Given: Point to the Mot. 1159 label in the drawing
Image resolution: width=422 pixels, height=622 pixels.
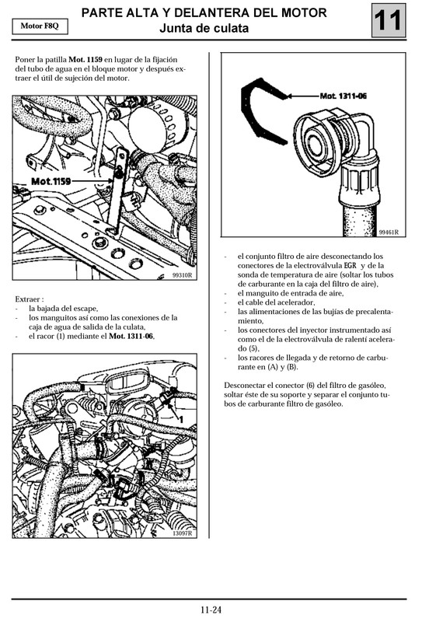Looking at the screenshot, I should pos(51,180).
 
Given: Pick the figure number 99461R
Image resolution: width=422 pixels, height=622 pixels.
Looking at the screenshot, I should pos(389,232).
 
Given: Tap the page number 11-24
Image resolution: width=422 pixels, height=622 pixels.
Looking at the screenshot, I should pos(211,610).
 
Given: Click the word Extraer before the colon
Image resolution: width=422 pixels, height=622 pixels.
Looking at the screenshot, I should pos(27,299).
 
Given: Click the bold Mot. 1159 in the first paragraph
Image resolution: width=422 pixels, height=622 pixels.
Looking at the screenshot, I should pos(85,59).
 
